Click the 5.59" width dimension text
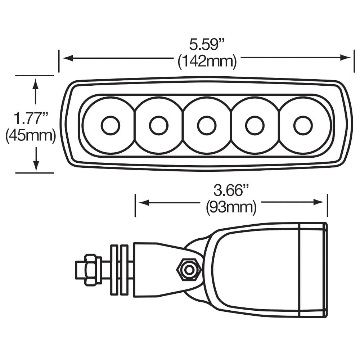coord(207,46)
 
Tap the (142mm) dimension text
coord(207,62)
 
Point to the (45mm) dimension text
coord(31,136)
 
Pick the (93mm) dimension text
coord(231,207)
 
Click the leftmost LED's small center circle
coord(110,125)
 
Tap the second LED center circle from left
coord(158,125)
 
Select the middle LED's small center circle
coord(207,125)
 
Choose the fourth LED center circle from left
coord(255,125)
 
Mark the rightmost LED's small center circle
coord(303,125)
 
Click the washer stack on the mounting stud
coord(119,270)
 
